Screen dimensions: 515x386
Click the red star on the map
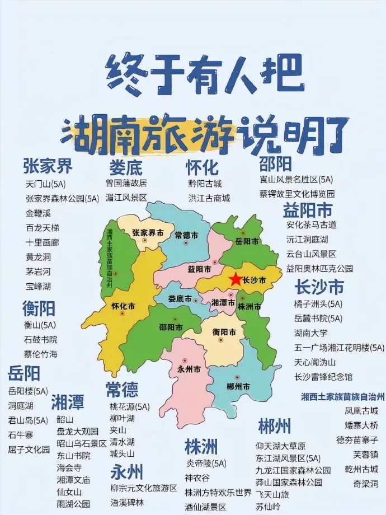[x=236, y=279]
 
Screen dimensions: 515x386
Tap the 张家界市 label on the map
[x=148, y=232]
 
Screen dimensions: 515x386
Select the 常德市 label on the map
[x=186, y=235]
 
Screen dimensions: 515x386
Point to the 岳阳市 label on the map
[x=247, y=241]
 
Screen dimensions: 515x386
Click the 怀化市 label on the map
[x=124, y=307]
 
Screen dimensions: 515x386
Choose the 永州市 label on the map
[x=189, y=369]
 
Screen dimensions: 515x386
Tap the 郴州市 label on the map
[x=238, y=386]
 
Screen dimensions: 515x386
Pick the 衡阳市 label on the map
[x=224, y=332]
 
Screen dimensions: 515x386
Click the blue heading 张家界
[x=48, y=166]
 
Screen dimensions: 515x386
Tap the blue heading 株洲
[x=201, y=446]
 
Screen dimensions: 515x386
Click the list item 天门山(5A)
[x=45, y=184]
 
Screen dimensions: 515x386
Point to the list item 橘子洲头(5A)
[x=318, y=304]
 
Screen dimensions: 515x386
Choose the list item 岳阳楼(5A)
[x=28, y=391]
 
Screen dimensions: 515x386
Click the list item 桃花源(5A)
[x=130, y=406]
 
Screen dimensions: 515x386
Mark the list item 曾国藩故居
[x=126, y=183]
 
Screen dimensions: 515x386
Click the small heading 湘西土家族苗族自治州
[x=342, y=396]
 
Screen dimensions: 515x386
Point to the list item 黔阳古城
[x=205, y=183]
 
